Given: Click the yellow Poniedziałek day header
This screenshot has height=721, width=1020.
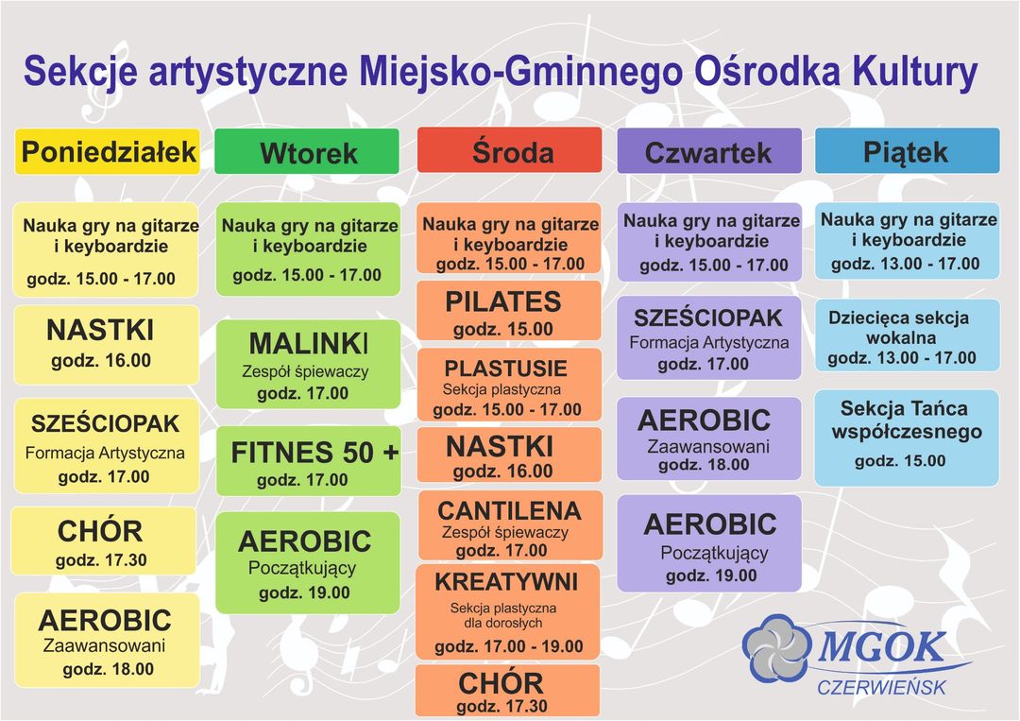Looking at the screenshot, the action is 108,151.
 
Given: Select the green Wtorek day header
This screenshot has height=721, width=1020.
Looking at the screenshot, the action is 306,151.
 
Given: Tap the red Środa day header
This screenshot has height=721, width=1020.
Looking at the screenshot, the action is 509,150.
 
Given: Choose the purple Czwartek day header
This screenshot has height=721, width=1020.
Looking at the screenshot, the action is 709,151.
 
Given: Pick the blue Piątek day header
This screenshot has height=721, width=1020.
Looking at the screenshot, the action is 908,150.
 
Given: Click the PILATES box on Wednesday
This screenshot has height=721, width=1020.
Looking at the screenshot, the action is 509,311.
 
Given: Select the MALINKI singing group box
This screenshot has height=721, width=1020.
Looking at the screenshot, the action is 308,365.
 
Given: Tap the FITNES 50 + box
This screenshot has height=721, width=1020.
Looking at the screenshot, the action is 309,461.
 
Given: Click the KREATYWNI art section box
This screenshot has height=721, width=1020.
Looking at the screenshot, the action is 508,612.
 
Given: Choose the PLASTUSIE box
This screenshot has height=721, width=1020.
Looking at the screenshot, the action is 509,385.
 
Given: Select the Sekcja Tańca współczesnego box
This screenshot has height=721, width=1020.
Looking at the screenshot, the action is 907,438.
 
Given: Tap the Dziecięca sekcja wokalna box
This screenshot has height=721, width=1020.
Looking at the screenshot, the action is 908,335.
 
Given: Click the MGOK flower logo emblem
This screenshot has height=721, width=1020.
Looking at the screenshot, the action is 777,648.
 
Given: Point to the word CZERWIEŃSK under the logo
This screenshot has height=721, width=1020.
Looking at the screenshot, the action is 881,687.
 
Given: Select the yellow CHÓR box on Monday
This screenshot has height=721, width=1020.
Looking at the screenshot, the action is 104,541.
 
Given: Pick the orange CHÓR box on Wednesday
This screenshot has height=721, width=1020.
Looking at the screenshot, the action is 507,691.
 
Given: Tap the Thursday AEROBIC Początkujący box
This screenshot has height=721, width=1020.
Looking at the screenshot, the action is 709,543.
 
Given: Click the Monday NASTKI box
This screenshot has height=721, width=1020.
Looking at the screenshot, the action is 107,345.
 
